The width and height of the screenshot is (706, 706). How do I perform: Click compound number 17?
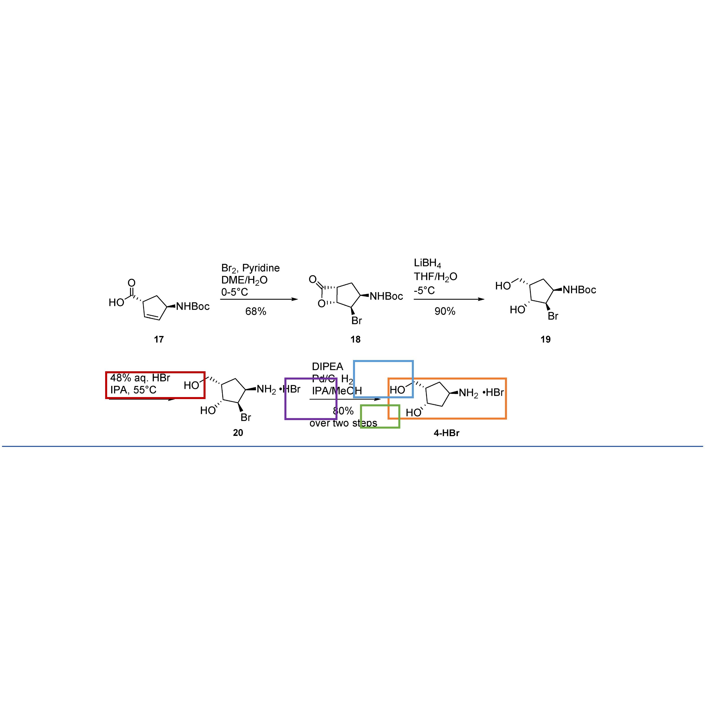click(158, 339)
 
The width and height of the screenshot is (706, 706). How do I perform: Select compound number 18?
click(355, 339)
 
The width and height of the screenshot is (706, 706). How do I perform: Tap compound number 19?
click(545, 339)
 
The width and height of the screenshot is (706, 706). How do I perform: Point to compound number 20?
click(238, 433)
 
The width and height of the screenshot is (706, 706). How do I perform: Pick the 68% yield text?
click(256, 311)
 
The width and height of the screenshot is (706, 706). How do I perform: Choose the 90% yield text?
click(445, 311)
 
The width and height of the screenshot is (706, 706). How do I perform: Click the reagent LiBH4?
click(427, 263)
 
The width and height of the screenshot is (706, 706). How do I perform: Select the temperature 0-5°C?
click(235, 292)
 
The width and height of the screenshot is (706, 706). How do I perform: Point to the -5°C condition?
click(424, 290)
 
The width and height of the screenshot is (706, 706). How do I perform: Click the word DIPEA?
click(327, 367)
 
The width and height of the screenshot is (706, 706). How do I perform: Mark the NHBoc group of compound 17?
click(193, 306)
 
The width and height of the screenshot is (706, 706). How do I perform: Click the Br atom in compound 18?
click(357, 320)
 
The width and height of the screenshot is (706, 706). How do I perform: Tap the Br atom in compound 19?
click(553, 316)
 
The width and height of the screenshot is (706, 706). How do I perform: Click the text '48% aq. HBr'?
click(140, 378)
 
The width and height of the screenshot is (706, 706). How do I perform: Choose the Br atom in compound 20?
click(246, 417)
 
